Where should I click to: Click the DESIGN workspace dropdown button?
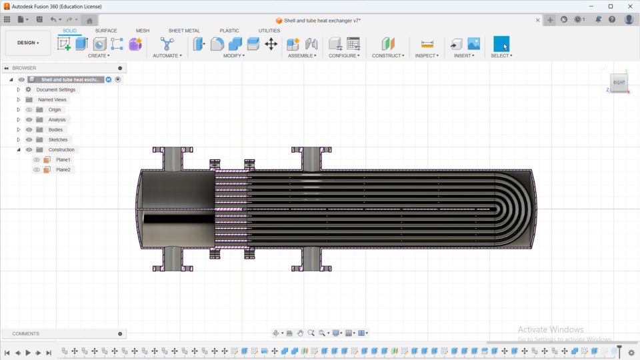point(28,43)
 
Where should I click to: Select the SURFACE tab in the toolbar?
point(105,31)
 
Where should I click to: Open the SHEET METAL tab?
point(184,31)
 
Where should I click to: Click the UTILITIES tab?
point(269,31)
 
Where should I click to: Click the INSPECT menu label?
point(426,56)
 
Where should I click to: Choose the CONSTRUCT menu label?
point(387,56)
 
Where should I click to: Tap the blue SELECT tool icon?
point(501,44)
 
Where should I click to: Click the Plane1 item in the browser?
point(63,160)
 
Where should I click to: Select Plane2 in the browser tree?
point(63,170)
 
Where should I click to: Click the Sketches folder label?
point(58,140)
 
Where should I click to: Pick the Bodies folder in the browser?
point(55,130)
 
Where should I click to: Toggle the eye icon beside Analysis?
point(29,120)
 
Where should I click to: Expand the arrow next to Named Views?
point(19,100)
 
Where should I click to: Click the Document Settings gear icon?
point(29,89)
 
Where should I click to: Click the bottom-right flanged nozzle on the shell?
point(311,259)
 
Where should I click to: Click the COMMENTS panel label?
point(26,334)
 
